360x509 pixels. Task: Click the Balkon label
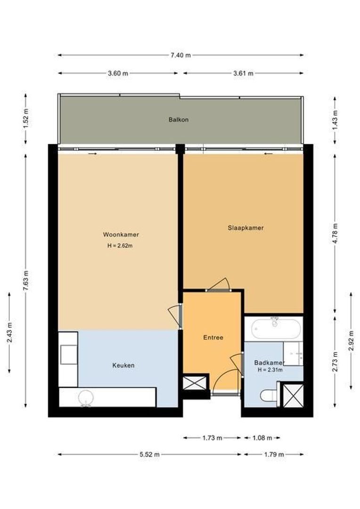tap(179, 120)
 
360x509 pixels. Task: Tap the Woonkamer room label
tap(121, 235)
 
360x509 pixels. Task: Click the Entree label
tap(213, 337)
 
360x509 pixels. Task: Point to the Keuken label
tap(123, 365)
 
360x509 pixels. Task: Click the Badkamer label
tap(269, 363)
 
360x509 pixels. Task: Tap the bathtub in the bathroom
tap(276, 328)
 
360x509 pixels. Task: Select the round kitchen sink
tap(86, 397)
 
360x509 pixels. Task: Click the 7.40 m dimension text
tap(180, 55)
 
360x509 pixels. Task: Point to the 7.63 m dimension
tap(26, 281)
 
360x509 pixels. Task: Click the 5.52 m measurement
tap(149, 454)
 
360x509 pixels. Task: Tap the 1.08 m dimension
tap(262, 438)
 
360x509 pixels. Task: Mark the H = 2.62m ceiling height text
tap(120, 245)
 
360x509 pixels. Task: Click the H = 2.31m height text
tap(270, 370)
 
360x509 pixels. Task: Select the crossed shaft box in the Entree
tap(195, 382)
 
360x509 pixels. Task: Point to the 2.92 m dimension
tap(351, 341)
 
